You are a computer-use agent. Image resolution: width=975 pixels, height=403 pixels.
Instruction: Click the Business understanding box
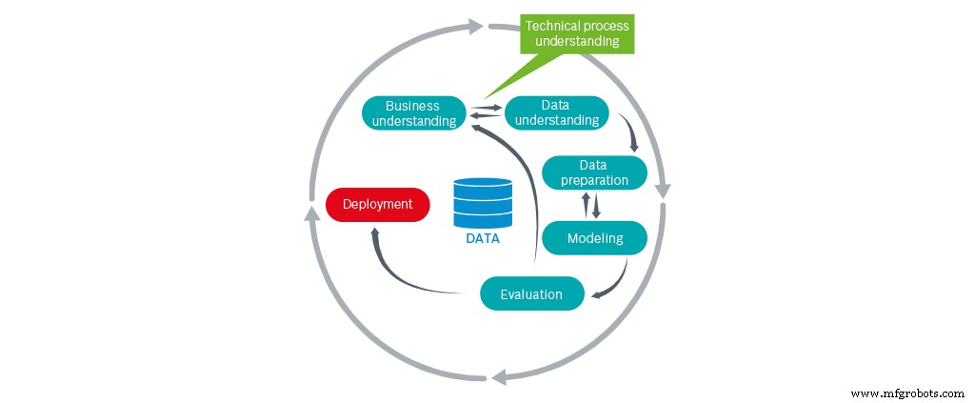click(x=413, y=112)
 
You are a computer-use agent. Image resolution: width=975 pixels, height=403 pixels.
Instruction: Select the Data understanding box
click(x=556, y=112)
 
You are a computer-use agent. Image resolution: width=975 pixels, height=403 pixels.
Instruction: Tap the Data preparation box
click(x=594, y=172)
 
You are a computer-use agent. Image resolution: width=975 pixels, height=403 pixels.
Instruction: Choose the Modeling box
click(x=594, y=237)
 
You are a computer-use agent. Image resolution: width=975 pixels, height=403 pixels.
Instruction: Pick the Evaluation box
click(x=530, y=293)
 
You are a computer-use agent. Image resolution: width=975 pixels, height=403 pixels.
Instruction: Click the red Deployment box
click(x=377, y=204)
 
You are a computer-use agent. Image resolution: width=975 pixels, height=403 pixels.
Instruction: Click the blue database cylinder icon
click(x=482, y=201)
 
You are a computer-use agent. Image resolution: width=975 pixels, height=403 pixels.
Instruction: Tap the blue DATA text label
click(x=483, y=239)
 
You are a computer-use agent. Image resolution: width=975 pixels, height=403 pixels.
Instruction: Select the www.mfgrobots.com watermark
click(x=905, y=393)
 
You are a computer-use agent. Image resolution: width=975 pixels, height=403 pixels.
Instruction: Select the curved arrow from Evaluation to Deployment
click(x=400, y=272)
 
